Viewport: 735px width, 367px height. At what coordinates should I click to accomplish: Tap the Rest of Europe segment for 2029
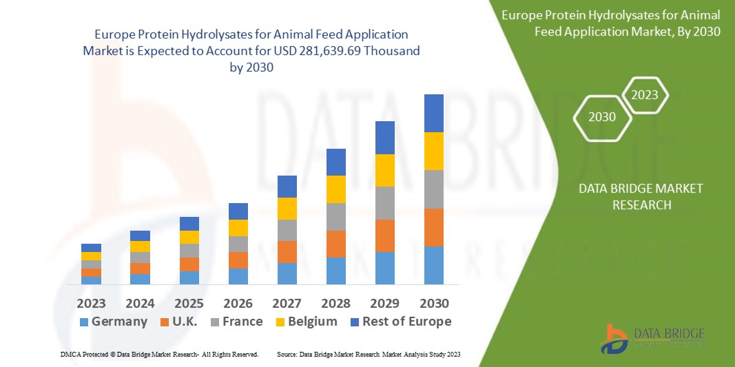click(x=385, y=138)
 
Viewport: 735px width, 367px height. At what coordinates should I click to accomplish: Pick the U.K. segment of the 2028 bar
click(x=335, y=244)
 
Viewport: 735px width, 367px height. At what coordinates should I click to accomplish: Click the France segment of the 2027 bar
click(x=287, y=230)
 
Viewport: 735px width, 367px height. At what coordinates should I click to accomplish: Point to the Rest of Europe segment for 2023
click(x=91, y=248)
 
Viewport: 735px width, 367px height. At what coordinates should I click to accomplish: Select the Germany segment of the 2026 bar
click(x=238, y=276)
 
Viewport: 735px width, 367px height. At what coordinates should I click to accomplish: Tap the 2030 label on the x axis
click(x=434, y=304)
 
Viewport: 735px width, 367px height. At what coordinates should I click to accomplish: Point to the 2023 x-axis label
click(x=91, y=304)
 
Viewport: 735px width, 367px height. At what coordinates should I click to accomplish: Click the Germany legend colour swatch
click(x=84, y=322)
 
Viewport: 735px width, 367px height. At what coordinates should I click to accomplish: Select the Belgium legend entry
click(x=304, y=322)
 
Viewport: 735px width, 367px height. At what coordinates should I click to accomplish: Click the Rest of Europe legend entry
click(x=401, y=322)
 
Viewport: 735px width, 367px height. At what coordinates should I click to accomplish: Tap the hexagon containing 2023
click(x=645, y=95)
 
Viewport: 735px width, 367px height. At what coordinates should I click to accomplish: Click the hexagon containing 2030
click(x=602, y=117)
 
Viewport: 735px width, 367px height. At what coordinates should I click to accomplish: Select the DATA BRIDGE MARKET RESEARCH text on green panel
click(x=631, y=196)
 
